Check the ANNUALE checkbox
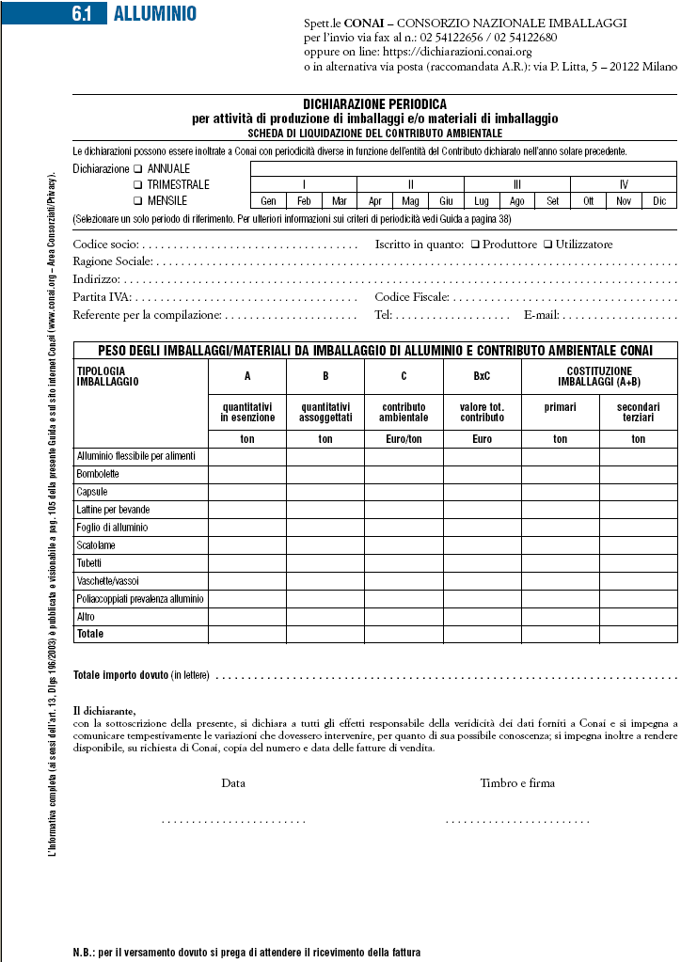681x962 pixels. tap(137, 169)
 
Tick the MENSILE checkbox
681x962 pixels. tap(137, 200)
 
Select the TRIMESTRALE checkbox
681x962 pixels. tap(137, 185)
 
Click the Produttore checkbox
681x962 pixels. tap(475, 244)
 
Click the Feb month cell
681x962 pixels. tap(304, 200)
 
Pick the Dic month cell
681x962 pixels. tap(659, 200)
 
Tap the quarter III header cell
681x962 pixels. tap(517, 184)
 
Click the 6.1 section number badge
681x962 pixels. tap(89, 14)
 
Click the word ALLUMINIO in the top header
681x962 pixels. tap(154, 14)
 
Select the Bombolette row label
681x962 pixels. tap(98, 474)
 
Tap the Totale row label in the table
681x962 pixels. tap(90, 635)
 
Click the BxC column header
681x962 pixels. tap(483, 376)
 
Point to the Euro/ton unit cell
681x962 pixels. tap(404, 439)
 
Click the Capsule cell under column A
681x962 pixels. tap(246, 492)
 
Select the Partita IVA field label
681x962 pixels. tap(96, 297)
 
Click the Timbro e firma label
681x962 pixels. tap(517, 782)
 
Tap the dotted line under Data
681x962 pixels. tap(233, 821)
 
